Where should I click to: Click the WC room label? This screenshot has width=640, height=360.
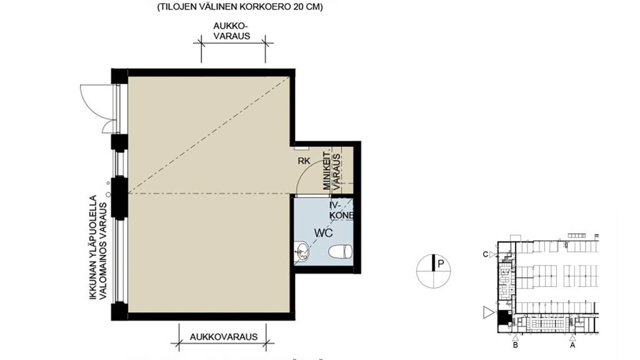click(x=322, y=233)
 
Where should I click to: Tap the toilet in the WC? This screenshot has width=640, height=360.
click(x=341, y=252)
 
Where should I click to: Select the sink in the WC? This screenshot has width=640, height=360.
click(x=301, y=252)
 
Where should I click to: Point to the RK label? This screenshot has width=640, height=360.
click(x=304, y=161)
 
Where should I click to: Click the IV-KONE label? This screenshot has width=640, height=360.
click(x=341, y=210)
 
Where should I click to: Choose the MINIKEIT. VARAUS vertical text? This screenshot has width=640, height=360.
click(x=330, y=169)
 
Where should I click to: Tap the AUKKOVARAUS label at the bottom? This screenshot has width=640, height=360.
click(x=224, y=336)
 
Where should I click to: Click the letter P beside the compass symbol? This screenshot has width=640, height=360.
click(x=441, y=264)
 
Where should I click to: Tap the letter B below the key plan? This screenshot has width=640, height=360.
click(x=515, y=344)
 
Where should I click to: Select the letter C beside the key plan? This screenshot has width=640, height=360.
click(x=486, y=254)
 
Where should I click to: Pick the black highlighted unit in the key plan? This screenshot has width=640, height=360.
click(x=502, y=316)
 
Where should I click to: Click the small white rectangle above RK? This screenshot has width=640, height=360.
click(x=301, y=148)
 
